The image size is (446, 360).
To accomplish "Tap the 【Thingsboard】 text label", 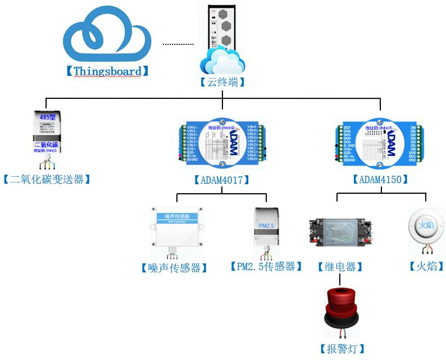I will pyautogui.click(x=107, y=71).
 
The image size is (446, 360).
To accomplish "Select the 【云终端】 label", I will pyautogui.click(x=222, y=82).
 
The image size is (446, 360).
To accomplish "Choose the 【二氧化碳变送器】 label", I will pyautogui.click(x=47, y=179).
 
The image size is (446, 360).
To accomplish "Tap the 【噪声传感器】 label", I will pyautogui.click(x=174, y=267).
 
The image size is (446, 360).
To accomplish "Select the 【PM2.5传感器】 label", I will pyautogui.click(x=263, y=266).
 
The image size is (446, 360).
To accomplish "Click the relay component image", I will pyautogui.click(x=340, y=231).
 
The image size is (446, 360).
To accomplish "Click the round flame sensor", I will pyautogui.click(x=426, y=227).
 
